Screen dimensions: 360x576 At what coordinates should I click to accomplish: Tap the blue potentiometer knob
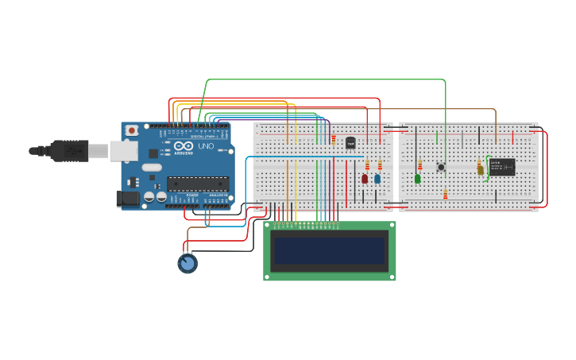(187, 263)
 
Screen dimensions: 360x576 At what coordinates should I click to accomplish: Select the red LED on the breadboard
(365, 179)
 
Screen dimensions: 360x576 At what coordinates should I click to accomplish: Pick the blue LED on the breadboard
(377, 179)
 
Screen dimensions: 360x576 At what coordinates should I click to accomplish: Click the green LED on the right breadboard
(418, 179)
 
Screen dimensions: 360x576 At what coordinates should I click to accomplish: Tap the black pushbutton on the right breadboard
(441, 167)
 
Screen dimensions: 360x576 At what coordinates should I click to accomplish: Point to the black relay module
(502, 167)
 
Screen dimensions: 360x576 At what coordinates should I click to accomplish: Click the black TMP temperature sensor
(350, 143)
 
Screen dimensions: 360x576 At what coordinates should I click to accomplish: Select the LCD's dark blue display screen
(329, 251)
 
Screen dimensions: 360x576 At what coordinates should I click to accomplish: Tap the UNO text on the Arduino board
(206, 147)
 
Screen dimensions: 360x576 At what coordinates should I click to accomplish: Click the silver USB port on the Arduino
(123, 151)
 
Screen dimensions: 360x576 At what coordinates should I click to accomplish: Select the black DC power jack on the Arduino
(127, 199)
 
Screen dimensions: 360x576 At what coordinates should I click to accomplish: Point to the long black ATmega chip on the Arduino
(198, 184)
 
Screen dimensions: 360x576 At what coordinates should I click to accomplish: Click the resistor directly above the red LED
(367, 165)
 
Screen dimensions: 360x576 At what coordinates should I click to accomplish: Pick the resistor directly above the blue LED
(380, 165)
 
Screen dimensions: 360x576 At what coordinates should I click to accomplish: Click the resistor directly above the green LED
(420, 165)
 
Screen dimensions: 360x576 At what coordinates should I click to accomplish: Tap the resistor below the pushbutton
(445, 195)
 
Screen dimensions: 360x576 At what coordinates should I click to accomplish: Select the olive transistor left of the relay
(480, 168)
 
